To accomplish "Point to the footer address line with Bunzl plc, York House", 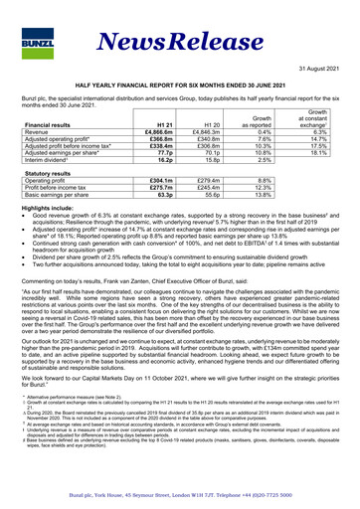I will point(179,493).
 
